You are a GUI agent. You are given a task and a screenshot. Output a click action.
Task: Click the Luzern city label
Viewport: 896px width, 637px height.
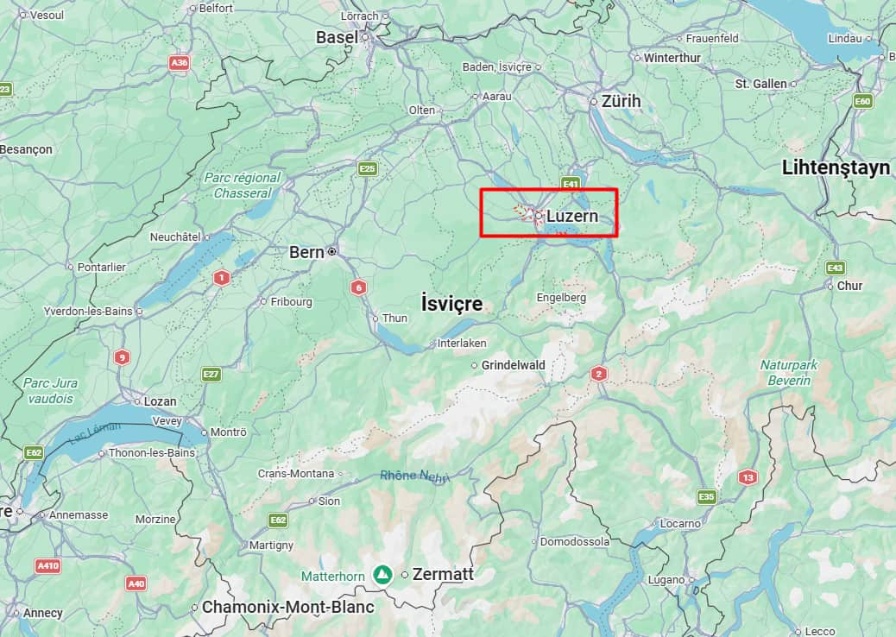[x=571, y=216]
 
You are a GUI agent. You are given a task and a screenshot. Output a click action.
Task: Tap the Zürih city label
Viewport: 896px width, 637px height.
[x=621, y=101]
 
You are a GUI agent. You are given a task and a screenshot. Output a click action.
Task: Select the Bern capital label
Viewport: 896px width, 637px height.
[x=306, y=252]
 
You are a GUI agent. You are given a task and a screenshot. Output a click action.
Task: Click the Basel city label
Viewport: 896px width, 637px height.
[x=337, y=37]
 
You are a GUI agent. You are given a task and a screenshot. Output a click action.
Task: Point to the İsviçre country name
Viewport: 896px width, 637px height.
[x=451, y=304]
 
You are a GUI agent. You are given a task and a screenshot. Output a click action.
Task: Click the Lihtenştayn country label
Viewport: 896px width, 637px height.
[x=836, y=167]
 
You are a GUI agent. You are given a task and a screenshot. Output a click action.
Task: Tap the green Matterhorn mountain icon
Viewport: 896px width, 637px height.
[x=381, y=574]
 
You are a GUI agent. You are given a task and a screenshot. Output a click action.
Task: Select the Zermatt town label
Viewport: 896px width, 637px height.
[x=444, y=575]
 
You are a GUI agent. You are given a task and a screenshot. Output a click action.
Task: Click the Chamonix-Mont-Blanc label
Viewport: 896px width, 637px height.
[x=287, y=607]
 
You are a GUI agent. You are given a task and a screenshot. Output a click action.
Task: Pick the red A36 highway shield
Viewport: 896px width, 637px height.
[x=179, y=63]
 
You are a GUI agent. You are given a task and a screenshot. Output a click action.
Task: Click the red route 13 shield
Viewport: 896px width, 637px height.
[x=747, y=477]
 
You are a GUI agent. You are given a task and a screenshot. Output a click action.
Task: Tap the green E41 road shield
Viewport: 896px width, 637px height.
[x=570, y=185]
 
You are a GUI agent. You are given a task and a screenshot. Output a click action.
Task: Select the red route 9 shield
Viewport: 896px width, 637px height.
[x=122, y=357]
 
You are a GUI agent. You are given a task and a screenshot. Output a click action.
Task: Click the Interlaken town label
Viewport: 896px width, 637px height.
[x=463, y=343]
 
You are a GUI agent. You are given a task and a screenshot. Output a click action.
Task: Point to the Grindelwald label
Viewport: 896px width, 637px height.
[x=513, y=365]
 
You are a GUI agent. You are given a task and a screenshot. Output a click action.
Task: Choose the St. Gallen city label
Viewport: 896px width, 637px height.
[x=760, y=84]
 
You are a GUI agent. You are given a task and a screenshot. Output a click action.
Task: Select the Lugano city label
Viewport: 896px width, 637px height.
[x=667, y=580]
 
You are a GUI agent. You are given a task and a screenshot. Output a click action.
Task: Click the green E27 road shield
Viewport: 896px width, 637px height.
[x=211, y=374]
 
